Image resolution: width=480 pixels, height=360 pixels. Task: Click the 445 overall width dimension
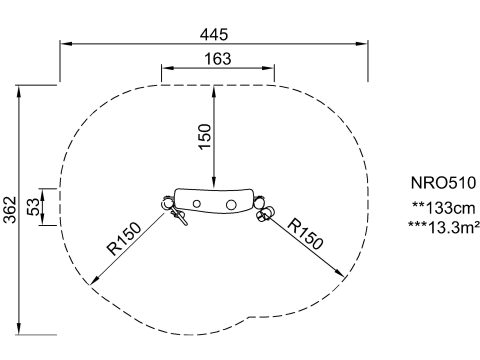214,35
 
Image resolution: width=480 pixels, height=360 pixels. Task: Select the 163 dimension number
218,59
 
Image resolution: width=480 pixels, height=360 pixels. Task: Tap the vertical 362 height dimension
10,210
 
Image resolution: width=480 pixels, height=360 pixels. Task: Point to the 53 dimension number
33,207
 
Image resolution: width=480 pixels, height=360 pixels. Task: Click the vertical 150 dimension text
205,137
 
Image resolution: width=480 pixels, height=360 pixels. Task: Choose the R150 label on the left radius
124,238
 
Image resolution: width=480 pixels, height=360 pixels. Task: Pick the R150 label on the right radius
305,234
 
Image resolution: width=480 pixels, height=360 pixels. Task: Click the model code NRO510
443,183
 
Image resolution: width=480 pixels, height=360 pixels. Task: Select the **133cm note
444,208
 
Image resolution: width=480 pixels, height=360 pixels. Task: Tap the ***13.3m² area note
444,227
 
